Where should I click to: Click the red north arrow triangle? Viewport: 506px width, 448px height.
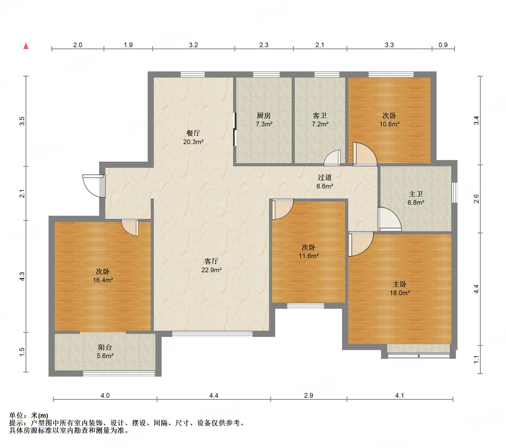pos(26,46)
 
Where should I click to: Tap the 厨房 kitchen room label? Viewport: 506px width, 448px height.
pos(264,115)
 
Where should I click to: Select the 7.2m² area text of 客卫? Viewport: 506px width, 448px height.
pos(320,124)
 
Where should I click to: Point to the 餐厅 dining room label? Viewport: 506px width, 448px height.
pos(193,133)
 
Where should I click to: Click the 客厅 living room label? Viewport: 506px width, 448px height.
pos(211,261)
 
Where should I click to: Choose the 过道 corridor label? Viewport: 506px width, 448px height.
pos(325,177)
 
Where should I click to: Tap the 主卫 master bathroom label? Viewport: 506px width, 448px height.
pos(416,194)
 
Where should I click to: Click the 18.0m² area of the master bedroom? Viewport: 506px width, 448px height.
pos(400,293)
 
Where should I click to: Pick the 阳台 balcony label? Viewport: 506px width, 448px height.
pos(105,347)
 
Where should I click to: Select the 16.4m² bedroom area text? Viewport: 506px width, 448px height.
pos(103,280)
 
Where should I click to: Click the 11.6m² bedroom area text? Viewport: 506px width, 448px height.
pos(309,256)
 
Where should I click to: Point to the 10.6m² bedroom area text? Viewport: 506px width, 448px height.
pos(390,124)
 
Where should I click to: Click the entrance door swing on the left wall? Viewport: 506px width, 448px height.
pos(94,186)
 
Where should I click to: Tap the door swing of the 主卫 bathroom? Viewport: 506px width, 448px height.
pos(390,219)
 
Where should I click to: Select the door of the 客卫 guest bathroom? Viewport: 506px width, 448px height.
pos(333,158)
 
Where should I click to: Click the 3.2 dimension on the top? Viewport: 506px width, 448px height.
pos(193,45)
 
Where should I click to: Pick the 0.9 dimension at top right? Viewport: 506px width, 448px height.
pos(443,45)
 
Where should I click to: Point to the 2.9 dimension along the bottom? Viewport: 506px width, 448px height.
pos(309,395)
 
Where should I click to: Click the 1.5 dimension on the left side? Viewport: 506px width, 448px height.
pos(22,352)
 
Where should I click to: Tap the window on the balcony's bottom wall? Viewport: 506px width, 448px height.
pos(119,374)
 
